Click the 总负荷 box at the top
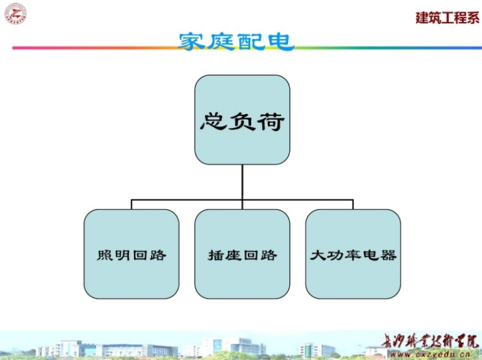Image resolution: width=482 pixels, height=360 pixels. point(242,120)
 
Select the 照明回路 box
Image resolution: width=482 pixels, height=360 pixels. point(131,254)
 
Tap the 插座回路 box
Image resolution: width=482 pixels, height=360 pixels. point(242,254)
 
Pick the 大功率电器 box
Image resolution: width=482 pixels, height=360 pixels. point(353,254)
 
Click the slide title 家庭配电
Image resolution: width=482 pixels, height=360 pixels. point(235,41)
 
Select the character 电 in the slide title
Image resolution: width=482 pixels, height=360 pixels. point(281,41)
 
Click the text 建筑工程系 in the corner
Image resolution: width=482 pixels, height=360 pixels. point(447,18)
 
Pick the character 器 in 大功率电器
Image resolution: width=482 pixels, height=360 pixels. point(389,255)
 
